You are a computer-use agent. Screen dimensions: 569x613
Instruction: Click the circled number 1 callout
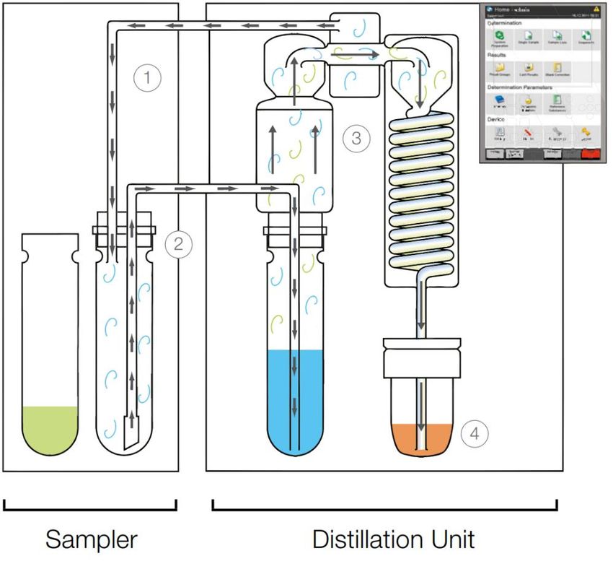147,77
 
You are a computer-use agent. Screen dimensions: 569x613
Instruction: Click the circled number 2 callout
178,244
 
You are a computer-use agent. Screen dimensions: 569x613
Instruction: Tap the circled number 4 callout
477,433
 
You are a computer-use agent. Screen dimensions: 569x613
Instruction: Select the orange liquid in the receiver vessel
423,437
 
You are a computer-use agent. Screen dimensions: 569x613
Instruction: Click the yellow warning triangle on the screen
596,9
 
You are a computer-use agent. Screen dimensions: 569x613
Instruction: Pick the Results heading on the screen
498,55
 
